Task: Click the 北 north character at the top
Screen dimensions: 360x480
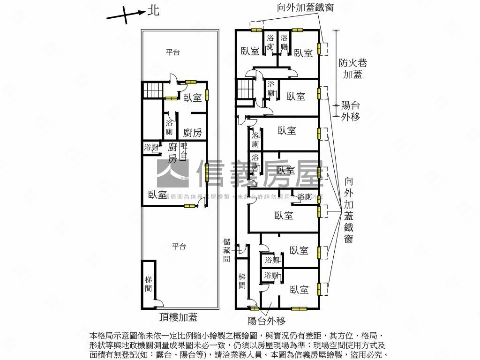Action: (153, 10)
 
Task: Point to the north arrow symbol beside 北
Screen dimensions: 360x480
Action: (125, 15)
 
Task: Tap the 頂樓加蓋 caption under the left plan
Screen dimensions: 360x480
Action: (178, 318)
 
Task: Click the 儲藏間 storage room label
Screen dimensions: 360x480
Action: (227, 250)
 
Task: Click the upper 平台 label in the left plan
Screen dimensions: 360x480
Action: (173, 52)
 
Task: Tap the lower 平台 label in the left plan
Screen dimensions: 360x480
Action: (179, 246)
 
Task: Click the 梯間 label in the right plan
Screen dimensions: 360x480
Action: (242, 280)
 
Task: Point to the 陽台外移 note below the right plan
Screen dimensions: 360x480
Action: (266, 321)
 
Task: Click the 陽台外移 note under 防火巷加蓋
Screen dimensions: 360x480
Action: (351, 111)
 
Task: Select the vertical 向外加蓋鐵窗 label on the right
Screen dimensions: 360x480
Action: (348, 210)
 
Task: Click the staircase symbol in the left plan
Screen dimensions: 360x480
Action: (152, 90)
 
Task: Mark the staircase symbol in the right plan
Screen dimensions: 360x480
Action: (245, 89)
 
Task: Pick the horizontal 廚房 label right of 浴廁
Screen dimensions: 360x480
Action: (192, 133)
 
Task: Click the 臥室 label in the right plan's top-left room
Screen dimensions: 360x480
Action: (250, 52)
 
